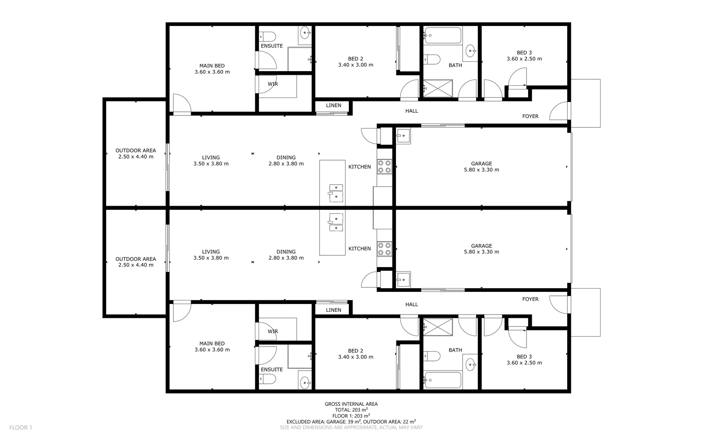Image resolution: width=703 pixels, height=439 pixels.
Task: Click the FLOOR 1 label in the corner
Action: (20, 427)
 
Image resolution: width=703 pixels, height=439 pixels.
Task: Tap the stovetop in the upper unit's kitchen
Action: (384, 166)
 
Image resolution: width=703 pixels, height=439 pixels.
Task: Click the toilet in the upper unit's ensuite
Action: (268, 36)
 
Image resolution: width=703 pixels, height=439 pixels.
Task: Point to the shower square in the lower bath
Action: (438, 327)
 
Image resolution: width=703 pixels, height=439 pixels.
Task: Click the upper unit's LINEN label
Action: (333, 105)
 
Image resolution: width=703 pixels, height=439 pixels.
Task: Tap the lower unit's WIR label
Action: (273, 331)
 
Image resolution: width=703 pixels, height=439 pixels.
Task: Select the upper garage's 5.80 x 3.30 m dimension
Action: (481, 170)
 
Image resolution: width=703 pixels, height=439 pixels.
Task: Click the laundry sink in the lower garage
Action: (403, 279)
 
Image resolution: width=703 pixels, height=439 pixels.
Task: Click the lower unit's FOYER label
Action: (530, 299)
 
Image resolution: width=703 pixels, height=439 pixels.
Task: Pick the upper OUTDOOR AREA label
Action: (135, 150)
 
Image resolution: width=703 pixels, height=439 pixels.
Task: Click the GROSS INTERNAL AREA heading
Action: (351, 404)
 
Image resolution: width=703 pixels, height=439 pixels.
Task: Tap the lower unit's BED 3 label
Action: (524, 356)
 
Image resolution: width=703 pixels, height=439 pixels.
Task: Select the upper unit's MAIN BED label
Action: (212, 66)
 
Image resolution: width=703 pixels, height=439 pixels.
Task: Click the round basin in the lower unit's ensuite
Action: (305, 382)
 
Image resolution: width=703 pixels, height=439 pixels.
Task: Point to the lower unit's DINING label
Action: (286, 252)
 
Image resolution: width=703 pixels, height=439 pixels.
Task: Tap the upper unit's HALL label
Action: (411, 111)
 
